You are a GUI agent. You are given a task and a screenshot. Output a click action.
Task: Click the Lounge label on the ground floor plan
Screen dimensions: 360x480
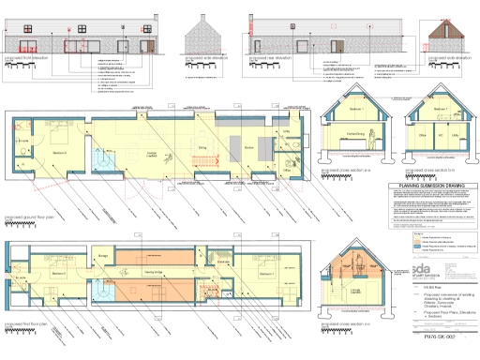click(x=150, y=153)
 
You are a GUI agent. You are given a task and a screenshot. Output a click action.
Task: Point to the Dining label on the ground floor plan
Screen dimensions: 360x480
click(x=201, y=146)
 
